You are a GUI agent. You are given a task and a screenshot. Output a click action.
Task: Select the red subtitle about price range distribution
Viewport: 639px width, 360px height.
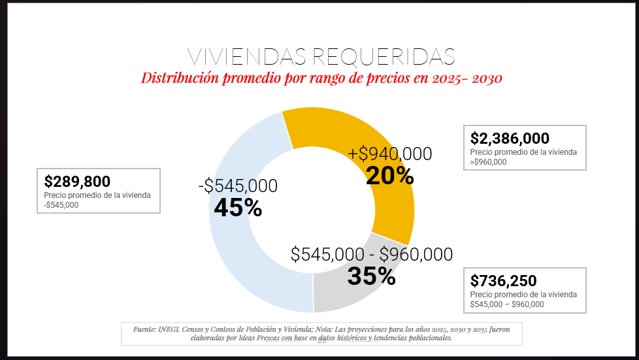[x=321, y=78]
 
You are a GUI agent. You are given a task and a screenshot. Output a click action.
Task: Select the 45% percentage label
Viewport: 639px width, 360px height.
[x=238, y=208]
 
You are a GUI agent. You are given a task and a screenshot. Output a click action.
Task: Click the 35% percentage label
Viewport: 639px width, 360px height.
[x=371, y=276]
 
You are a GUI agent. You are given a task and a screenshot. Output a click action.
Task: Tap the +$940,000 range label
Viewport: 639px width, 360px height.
[x=389, y=154]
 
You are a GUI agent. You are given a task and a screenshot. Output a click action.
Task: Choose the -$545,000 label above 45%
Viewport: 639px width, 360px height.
[x=238, y=186]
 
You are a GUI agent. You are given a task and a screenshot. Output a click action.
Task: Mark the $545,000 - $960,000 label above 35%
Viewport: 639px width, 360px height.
[x=371, y=254]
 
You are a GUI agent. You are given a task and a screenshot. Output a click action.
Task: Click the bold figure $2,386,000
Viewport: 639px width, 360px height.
[x=510, y=139]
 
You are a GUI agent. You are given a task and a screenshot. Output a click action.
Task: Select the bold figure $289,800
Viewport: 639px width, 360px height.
[x=77, y=182]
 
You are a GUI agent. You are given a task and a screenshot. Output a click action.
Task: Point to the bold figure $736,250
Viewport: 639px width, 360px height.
[x=503, y=281]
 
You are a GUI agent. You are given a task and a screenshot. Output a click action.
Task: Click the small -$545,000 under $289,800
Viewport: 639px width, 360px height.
[x=61, y=205]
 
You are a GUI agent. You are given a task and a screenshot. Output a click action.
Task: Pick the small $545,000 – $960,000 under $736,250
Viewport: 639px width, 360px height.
[x=507, y=304]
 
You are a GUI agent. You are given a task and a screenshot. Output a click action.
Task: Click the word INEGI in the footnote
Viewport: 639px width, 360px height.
[x=167, y=328]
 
